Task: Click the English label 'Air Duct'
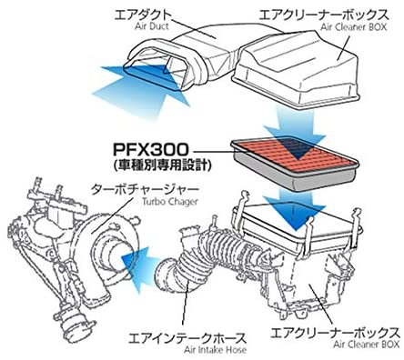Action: tap(152, 26)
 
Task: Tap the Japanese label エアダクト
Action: tap(142, 14)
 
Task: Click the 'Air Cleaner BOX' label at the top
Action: tap(354, 27)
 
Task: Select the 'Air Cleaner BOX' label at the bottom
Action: tap(366, 345)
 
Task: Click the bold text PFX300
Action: tap(151, 149)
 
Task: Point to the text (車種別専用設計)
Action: tap(161, 165)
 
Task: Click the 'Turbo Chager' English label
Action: tap(169, 201)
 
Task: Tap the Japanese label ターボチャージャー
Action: tap(145, 189)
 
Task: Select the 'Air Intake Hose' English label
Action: tap(215, 350)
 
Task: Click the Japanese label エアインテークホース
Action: tap(187, 338)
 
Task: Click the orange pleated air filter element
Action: tap(294, 155)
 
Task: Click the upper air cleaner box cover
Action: tap(298, 69)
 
